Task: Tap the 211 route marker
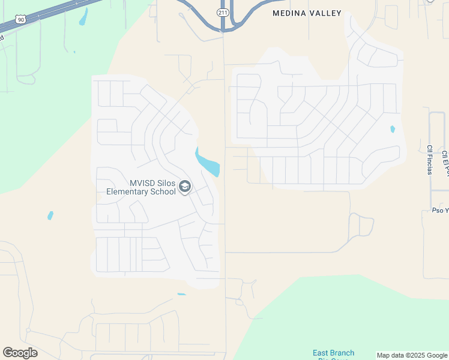pos(222,13)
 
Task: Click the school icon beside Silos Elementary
pos(185,188)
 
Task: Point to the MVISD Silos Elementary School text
pos(141,188)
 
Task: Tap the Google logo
pos(20,353)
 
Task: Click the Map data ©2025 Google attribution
pos(412,355)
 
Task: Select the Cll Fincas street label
pos(430,160)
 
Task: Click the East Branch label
pos(333,353)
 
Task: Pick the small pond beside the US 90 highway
pos(83,17)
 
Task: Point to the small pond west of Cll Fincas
pos(393,129)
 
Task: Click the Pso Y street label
pos(440,211)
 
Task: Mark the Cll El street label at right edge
pos(445,162)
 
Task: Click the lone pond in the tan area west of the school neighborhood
pos(50,215)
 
